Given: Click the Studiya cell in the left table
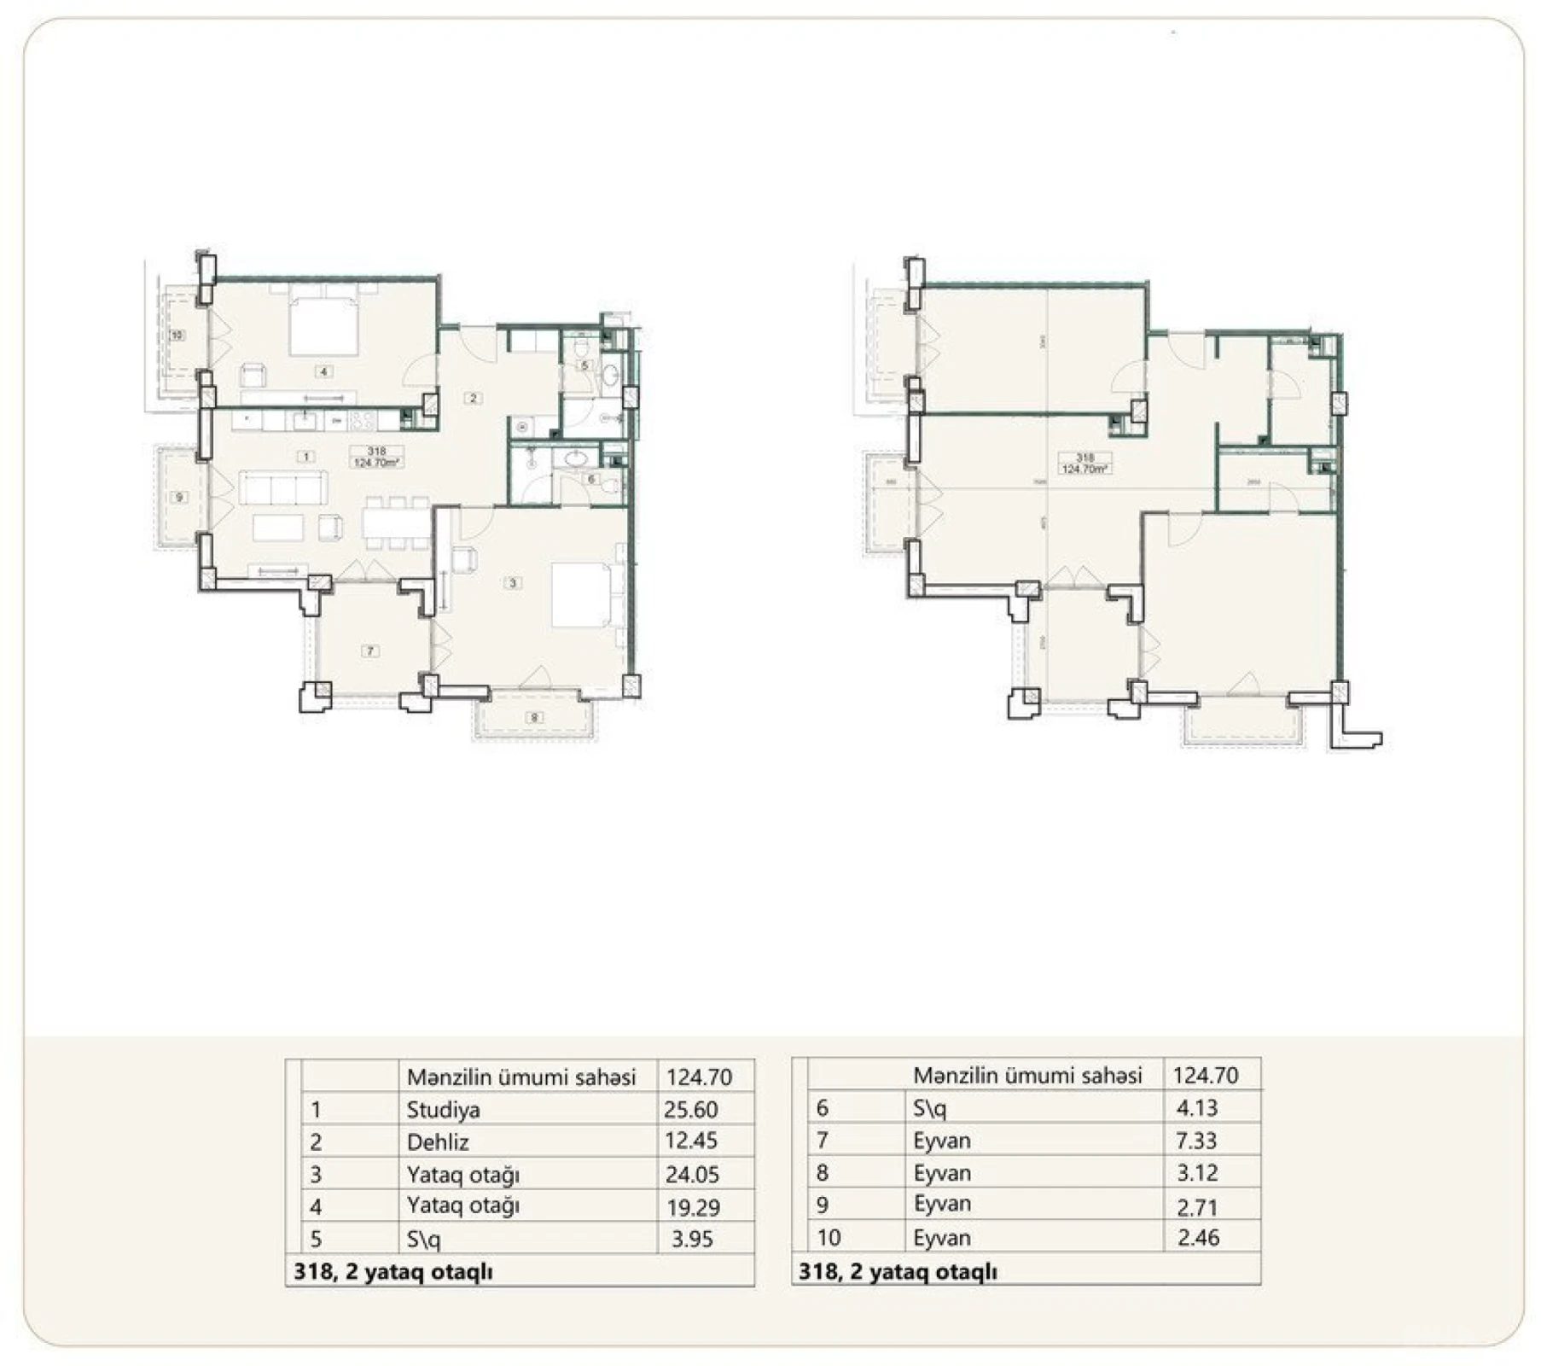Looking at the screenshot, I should (x=443, y=1110).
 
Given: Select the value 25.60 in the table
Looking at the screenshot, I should (x=690, y=1110).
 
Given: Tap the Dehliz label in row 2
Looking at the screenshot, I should (x=438, y=1142).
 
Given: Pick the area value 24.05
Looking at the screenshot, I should (x=692, y=1175).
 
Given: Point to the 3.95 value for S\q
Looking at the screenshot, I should (x=692, y=1239).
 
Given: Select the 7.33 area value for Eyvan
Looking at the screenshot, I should (x=1196, y=1141).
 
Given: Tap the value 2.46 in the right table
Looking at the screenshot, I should (x=1198, y=1238).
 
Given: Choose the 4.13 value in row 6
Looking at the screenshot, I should (x=1196, y=1108).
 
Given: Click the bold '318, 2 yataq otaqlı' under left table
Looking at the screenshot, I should (x=393, y=1271).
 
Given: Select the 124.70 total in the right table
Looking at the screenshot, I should (x=1205, y=1076).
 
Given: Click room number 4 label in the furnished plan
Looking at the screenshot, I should (x=323, y=371).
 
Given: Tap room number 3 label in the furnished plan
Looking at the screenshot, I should (x=513, y=583).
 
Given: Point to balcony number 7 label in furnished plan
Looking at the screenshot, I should (x=370, y=651).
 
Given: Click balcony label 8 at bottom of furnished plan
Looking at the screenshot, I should (x=535, y=718).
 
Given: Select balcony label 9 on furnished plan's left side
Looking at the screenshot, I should (x=179, y=498).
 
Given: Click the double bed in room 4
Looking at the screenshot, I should (x=323, y=324).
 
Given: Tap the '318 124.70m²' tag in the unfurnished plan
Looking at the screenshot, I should (x=1085, y=464).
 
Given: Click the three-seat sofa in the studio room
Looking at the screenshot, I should (x=282, y=488).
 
